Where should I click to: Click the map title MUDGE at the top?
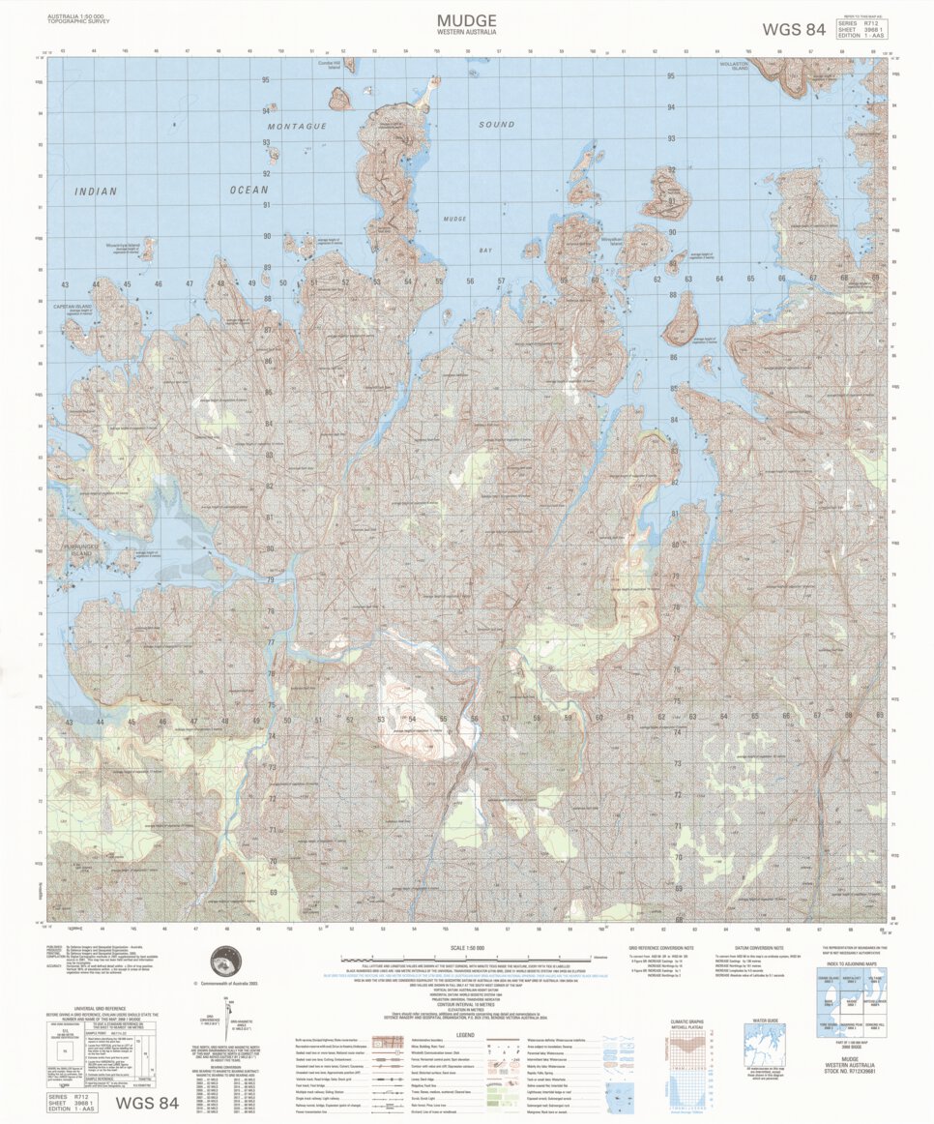click(466, 20)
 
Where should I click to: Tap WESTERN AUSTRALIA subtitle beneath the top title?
click(466, 33)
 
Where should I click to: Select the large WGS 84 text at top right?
click(794, 29)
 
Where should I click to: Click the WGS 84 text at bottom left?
click(147, 1103)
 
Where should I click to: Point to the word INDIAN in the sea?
click(96, 192)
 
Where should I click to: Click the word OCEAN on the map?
click(248, 191)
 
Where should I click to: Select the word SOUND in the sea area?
click(497, 125)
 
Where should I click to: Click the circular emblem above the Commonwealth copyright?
click(227, 962)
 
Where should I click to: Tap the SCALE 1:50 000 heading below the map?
click(468, 947)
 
